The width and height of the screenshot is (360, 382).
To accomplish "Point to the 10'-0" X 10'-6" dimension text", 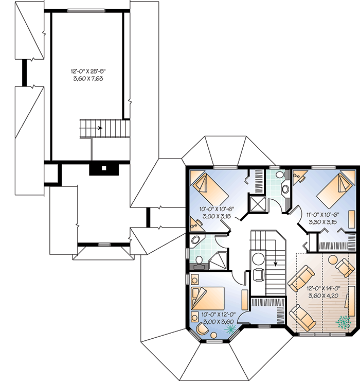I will click(217, 209).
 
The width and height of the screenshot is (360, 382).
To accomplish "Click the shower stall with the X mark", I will click(256, 203).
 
